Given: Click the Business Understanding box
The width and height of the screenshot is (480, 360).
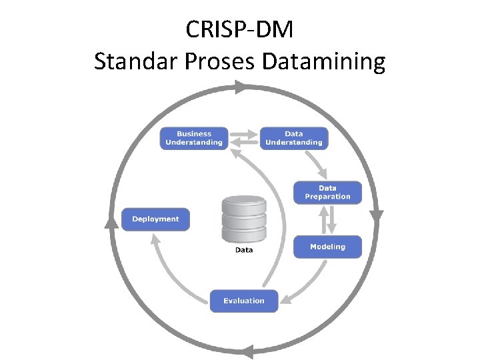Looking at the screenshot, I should tap(194, 138).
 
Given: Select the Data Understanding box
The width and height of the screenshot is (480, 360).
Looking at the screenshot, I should tap(293, 138).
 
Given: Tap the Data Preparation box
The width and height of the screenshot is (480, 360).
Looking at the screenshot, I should tap(327, 193).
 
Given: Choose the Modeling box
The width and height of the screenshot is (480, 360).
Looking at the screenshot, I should tap(327, 247).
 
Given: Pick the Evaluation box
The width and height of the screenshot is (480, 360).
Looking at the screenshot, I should tap(243, 301).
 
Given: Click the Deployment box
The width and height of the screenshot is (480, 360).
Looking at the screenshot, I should tap(155, 219).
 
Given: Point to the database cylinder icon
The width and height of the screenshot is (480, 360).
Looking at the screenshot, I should tap(243, 219).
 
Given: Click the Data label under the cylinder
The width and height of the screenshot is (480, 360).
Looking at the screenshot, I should tap(244, 250).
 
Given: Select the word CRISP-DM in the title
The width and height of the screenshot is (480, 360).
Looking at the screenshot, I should tap(239, 29).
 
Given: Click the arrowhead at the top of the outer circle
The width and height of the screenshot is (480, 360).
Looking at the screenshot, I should tap(241, 87).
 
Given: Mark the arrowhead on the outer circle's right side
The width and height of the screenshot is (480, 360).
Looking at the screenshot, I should tap(376, 216).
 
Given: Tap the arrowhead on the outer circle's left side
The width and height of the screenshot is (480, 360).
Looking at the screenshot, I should tap(111, 222).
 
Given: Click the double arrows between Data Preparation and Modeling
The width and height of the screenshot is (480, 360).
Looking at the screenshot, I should tap(327, 219).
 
